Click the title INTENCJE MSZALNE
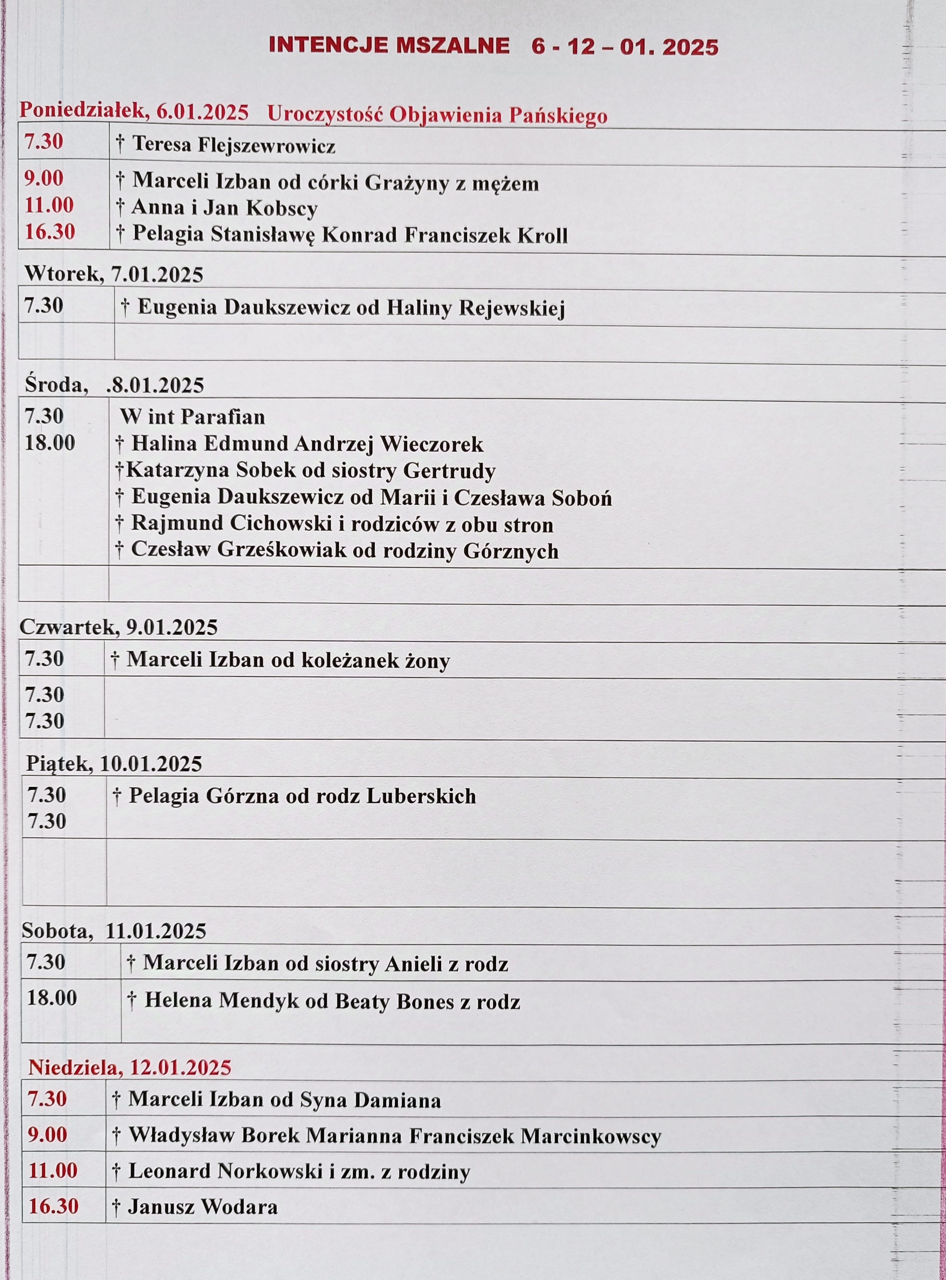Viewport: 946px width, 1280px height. click(x=389, y=45)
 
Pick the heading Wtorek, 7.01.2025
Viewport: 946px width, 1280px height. click(x=114, y=274)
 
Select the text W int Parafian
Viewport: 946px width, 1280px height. click(x=192, y=417)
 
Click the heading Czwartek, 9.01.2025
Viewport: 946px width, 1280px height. click(x=119, y=627)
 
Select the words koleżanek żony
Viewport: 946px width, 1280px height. click(x=376, y=660)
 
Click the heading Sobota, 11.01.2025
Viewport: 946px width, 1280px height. click(x=114, y=931)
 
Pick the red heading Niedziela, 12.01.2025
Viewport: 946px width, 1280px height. click(x=130, y=1067)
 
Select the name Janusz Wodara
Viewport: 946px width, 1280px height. click(x=203, y=1207)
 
